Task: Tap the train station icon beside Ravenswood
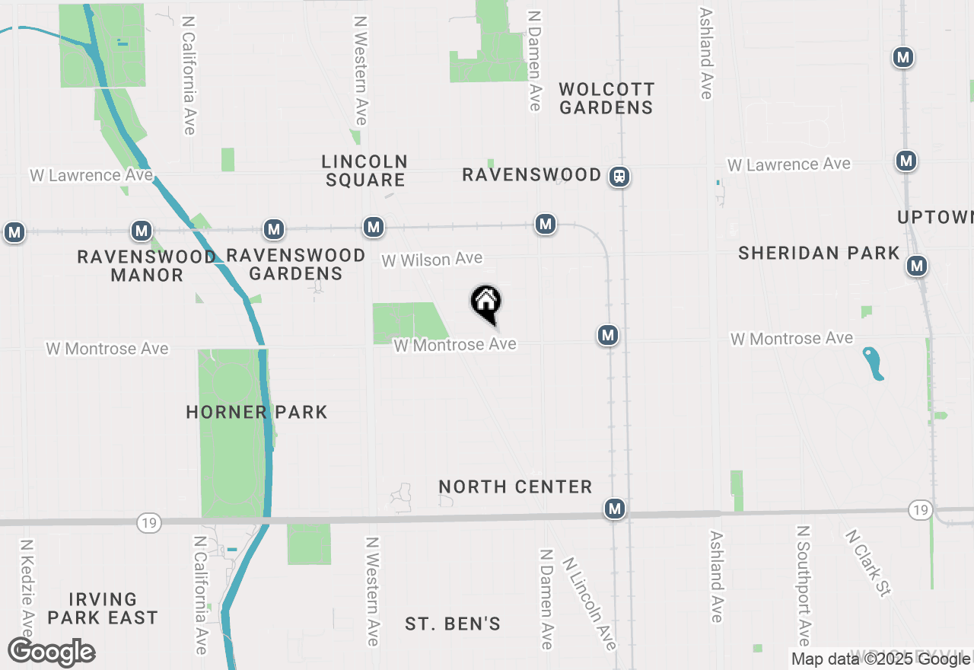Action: point(619,177)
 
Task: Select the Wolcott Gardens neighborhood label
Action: point(606,98)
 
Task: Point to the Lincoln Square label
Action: point(365,171)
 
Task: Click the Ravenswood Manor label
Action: point(146,266)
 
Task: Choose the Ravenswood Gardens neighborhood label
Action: point(296,263)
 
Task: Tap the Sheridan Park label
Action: point(819,253)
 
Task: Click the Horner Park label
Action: point(256,412)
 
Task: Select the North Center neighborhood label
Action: point(515,487)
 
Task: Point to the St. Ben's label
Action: point(453,624)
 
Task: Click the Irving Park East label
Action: point(102,608)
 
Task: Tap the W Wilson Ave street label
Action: point(431,260)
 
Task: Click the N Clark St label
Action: point(867,563)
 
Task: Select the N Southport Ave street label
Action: point(803,585)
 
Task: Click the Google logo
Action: point(52,652)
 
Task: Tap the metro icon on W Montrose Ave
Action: point(607,335)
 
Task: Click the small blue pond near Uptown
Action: point(874,362)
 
